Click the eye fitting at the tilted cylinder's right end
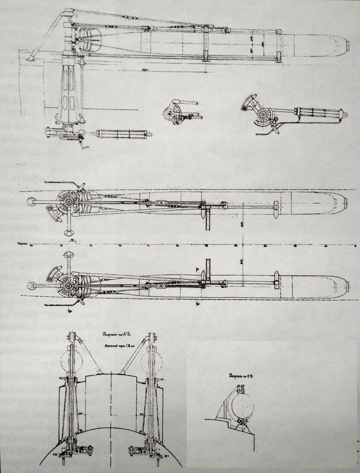345,115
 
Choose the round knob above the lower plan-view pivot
68,255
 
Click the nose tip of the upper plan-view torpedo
347,203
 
